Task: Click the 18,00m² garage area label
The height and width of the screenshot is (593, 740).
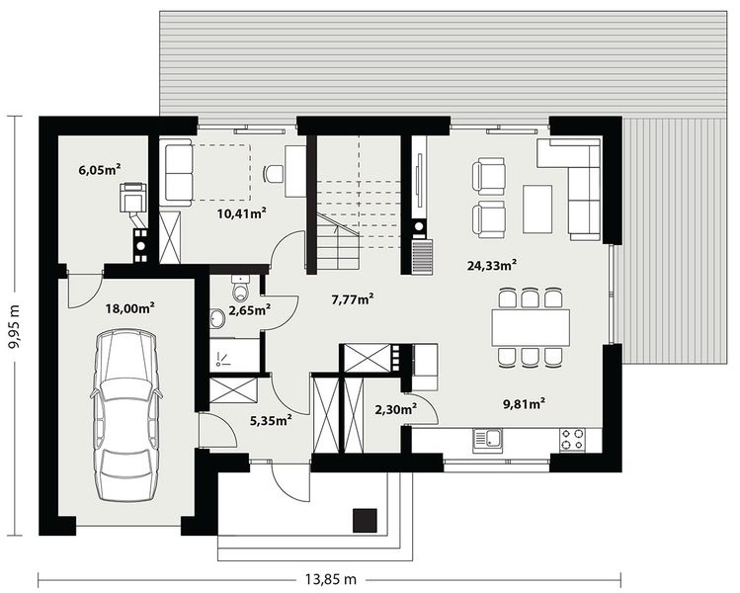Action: [x=130, y=308]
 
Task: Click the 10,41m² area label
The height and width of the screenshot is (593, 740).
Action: [x=241, y=212]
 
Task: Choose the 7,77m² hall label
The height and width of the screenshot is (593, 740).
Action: [x=352, y=298]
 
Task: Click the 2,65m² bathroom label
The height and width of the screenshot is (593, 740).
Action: [x=248, y=310]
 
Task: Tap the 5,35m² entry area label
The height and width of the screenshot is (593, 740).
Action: [x=269, y=420]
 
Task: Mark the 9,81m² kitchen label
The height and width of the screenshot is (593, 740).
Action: [x=525, y=402]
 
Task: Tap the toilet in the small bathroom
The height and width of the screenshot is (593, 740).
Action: [x=238, y=293]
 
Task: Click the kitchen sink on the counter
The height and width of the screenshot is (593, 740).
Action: [x=486, y=439]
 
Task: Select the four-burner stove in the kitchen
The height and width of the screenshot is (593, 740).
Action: [x=571, y=439]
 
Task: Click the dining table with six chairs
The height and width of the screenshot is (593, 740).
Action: [x=531, y=327]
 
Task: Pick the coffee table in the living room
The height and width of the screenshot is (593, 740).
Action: [x=537, y=208]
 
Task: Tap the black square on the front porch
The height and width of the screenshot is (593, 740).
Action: [x=366, y=521]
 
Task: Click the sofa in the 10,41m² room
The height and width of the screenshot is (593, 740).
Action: [x=178, y=173]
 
